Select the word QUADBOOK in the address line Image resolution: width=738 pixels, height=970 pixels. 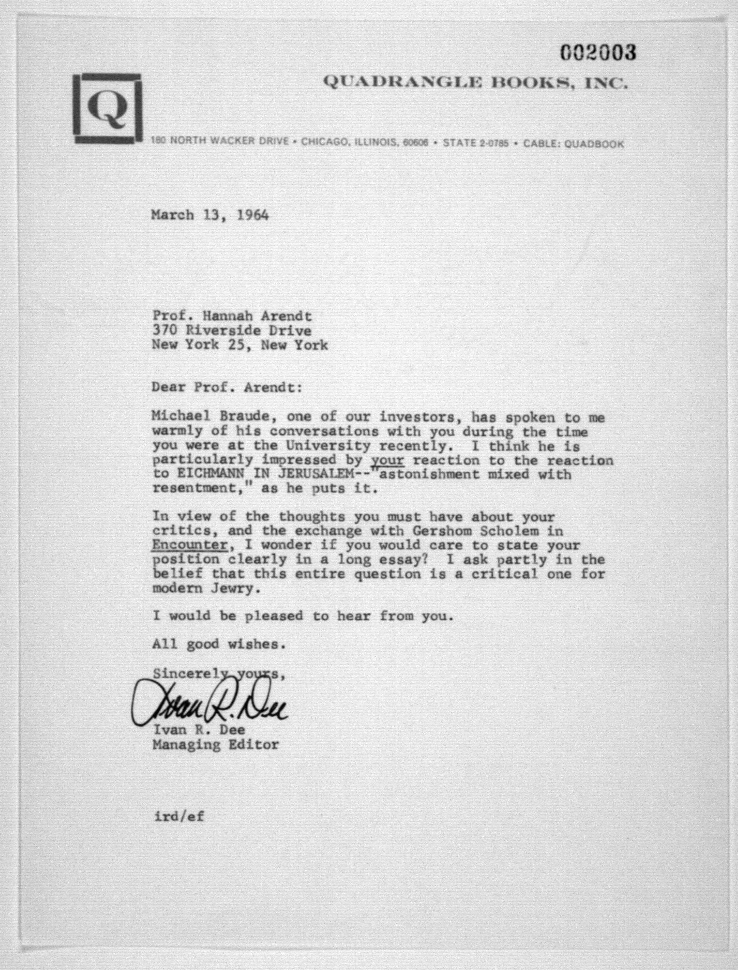point(594,144)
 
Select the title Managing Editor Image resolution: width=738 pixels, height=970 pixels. point(215,745)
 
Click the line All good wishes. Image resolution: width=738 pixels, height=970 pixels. point(219,644)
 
